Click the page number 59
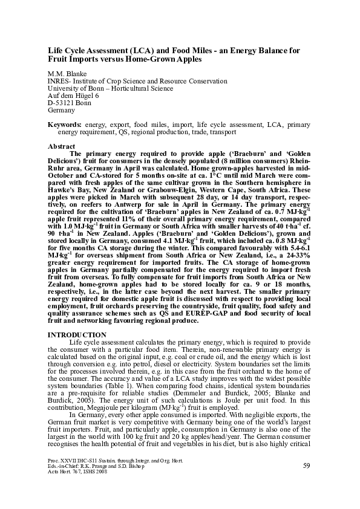tap(306, 482)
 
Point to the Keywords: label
tap(65, 125)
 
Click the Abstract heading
tap(62, 146)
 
